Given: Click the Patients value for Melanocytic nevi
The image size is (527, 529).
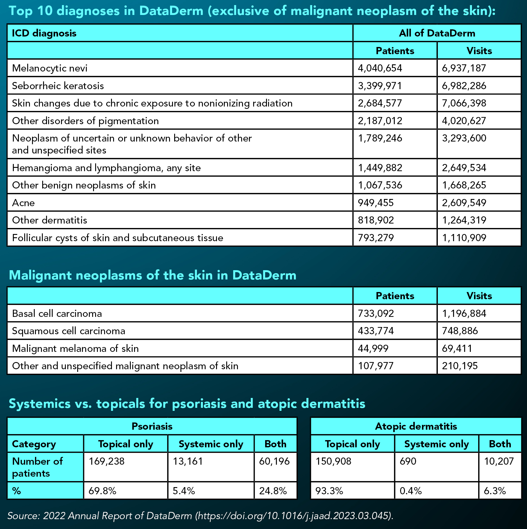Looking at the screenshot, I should pos(380,68).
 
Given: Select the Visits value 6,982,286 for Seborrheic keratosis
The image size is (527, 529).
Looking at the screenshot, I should pos(464,86).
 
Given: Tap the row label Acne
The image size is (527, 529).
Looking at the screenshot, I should pos(23,203).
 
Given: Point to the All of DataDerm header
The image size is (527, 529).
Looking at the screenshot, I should pos(437,33).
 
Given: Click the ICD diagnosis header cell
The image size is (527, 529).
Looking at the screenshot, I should pos(44,33).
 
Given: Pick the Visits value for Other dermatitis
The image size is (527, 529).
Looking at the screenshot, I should pos(464,220).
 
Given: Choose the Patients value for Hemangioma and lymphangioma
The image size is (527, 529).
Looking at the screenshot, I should pos(380,168).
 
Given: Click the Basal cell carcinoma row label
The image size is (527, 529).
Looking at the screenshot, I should pos(57,314).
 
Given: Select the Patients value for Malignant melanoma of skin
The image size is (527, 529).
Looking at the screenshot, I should pos(373,349).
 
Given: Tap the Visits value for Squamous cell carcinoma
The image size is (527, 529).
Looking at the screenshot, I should pos(460,331).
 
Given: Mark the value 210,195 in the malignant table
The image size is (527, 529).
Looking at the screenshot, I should pos(460,366).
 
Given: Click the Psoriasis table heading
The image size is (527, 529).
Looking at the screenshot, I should pos(152,426).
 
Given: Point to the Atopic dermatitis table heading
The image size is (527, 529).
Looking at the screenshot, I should pos(416,426).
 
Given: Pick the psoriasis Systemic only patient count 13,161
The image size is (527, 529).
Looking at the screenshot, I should pos(188,461).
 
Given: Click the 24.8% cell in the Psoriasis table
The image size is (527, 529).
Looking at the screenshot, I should pos(273,491).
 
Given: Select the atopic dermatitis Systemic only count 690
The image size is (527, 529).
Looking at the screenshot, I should pos(408,461).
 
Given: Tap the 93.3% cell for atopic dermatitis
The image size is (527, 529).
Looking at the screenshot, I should pos(329,491).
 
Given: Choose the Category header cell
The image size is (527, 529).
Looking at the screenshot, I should pos(34,444).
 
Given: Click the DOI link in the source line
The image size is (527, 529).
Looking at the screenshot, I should pos(293,516).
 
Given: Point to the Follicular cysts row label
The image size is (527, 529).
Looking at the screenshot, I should pos(117,238).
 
